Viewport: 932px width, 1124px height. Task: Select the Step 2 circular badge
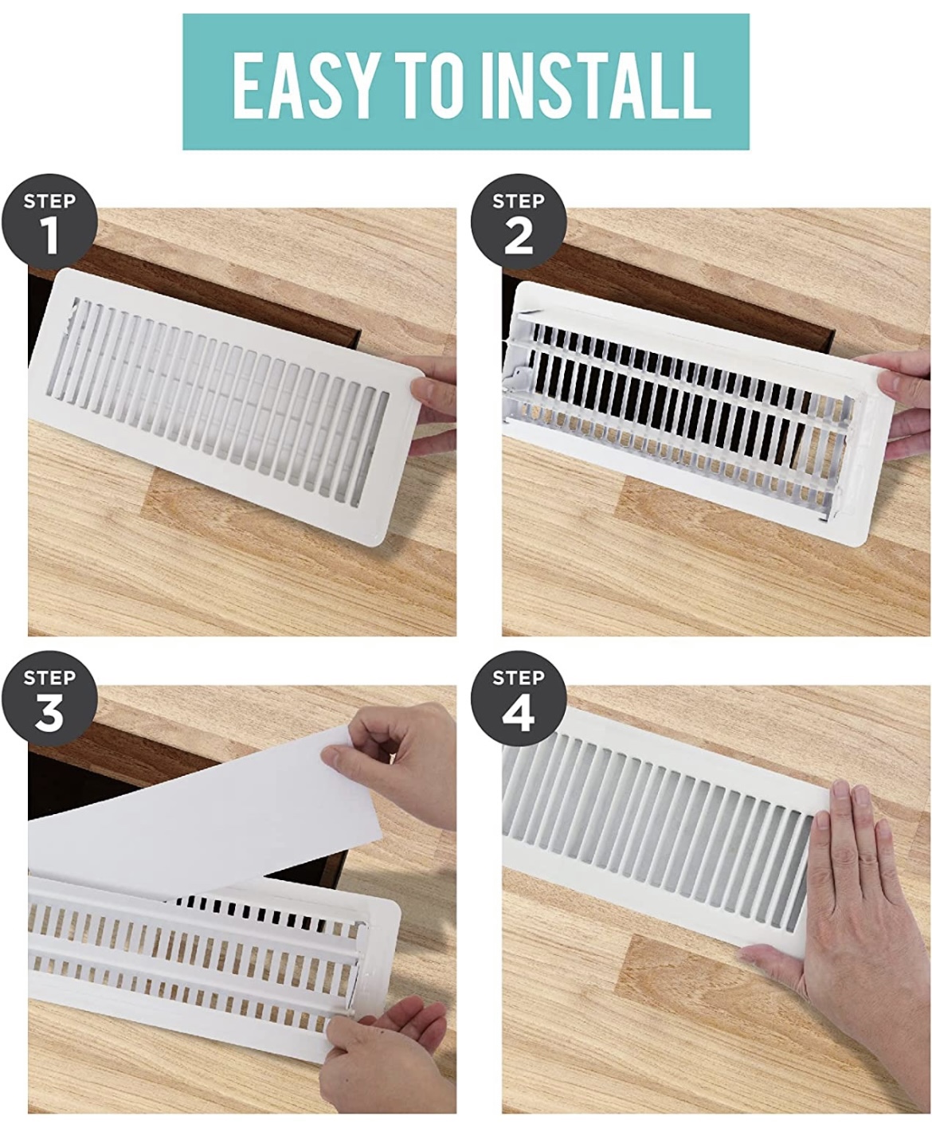pyautogui.click(x=519, y=224)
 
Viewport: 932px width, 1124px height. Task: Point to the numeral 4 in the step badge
pyautogui.click(x=519, y=715)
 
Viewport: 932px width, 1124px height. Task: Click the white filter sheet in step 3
pyautogui.click(x=199, y=805)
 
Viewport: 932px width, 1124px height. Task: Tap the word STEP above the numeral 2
pyautogui.click(x=519, y=201)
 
